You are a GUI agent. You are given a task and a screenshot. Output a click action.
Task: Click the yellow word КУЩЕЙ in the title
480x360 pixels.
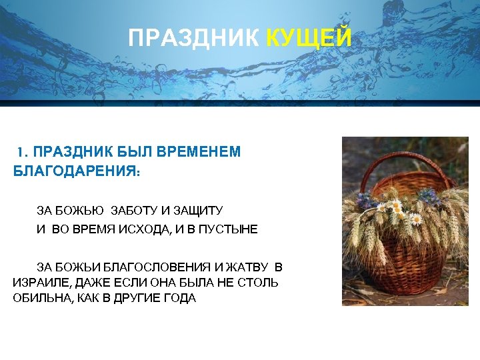pyautogui.click(x=309, y=39)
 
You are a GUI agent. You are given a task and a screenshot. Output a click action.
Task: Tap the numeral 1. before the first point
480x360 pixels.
pyautogui.click(x=22, y=152)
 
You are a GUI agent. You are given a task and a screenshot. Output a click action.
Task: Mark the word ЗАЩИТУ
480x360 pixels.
pyautogui.click(x=197, y=211)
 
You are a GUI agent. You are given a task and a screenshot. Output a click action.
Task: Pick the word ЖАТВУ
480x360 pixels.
pyautogui.click(x=248, y=267)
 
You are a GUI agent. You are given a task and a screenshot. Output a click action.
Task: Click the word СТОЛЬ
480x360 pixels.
pyautogui.click(x=259, y=283)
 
